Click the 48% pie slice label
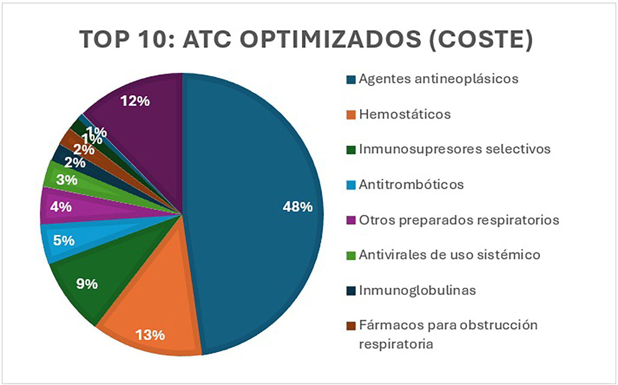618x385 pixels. [x=297, y=207]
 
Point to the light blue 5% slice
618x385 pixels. [x=83, y=237]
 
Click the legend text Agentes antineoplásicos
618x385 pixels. [x=439, y=79]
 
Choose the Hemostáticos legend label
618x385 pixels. [x=405, y=114]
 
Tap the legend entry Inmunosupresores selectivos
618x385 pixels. [x=455, y=149]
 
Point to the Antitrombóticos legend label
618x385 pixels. [x=412, y=184]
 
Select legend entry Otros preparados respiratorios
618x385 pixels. [x=459, y=220]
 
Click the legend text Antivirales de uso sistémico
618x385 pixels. [x=449, y=255]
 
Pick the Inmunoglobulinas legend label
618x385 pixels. [x=417, y=291]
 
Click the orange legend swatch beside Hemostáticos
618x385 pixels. [x=351, y=115]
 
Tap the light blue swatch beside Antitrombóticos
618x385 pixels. [x=351, y=185]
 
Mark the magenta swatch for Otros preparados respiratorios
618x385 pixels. [x=351, y=220]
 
